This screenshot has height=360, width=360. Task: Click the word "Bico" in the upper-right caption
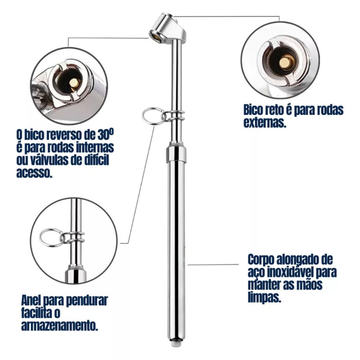(253, 110)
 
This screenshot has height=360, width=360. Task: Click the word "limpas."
(264, 298)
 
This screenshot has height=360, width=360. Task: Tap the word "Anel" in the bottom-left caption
(31, 300)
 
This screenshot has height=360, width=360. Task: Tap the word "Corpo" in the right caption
(261, 260)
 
